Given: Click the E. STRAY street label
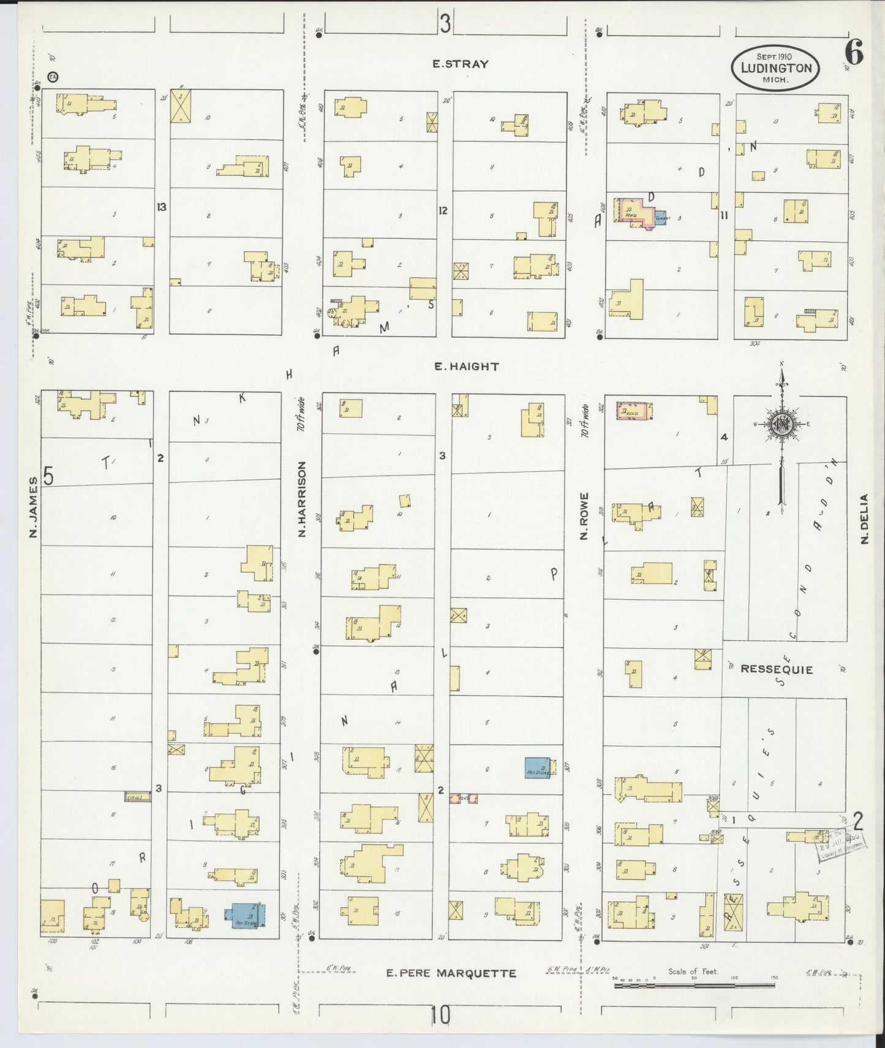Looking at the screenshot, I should point(461,64).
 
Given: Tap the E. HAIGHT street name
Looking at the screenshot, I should point(467,366).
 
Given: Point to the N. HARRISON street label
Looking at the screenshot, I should point(302,499).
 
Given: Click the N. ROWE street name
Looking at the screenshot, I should point(584,516).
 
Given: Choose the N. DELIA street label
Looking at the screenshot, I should point(864,518).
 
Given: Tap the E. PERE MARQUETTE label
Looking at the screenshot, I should point(451,973).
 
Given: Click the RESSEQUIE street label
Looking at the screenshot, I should point(777,669).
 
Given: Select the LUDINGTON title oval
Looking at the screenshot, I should point(775,67).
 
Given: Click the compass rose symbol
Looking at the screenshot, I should point(781,423).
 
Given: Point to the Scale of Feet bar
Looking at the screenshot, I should point(694,986).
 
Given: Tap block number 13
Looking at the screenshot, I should point(161,207).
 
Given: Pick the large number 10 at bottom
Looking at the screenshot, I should point(440,1016).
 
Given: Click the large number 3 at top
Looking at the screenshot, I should point(445,25).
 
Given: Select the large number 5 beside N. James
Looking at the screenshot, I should point(49,476).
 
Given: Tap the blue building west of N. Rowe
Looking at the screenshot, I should point(538,768).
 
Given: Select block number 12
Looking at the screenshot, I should point(443,211).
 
